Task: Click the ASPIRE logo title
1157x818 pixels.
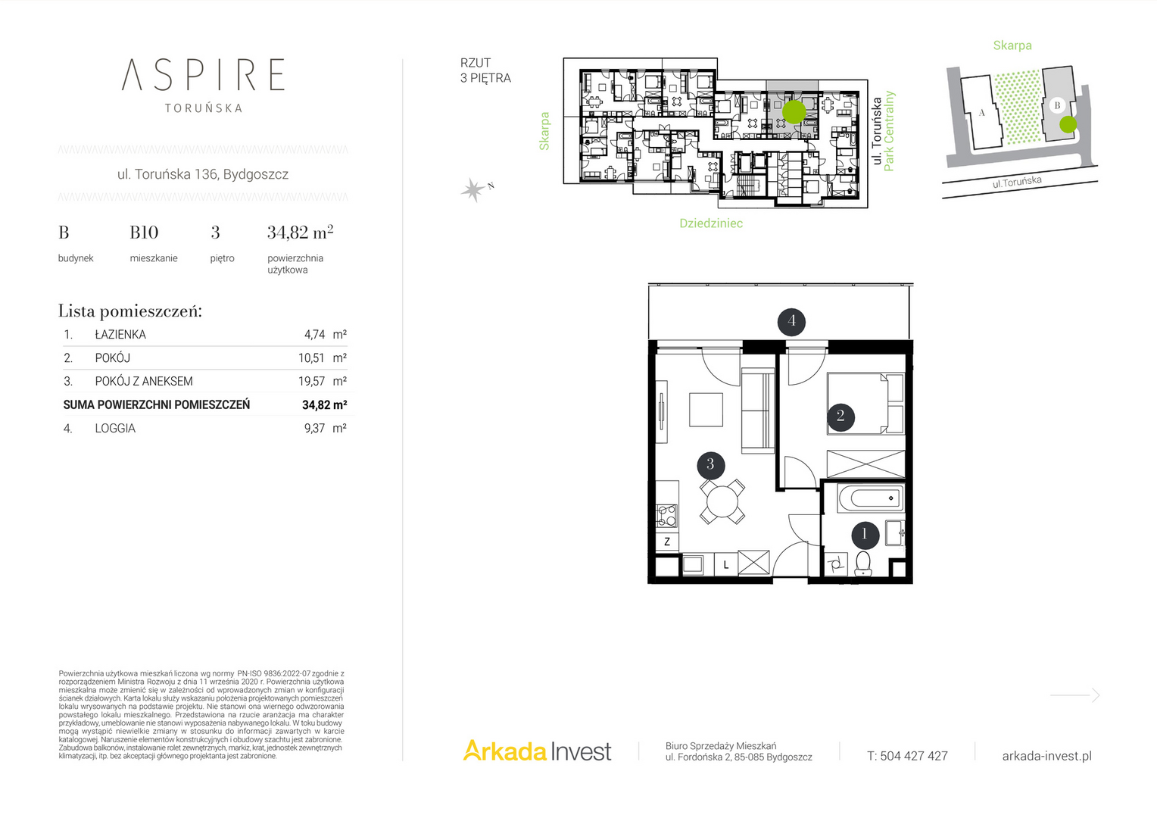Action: (x=203, y=75)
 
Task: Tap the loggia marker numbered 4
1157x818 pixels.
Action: (x=791, y=321)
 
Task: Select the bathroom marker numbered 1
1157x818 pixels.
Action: (x=865, y=535)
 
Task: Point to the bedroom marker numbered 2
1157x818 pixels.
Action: (x=840, y=416)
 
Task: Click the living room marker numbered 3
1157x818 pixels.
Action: (x=711, y=464)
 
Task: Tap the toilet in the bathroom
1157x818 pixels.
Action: (x=863, y=564)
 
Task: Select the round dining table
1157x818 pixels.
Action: (x=722, y=501)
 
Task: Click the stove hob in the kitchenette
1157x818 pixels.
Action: (x=667, y=515)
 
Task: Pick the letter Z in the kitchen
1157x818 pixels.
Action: (x=667, y=542)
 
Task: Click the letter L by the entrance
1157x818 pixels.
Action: (x=725, y=565)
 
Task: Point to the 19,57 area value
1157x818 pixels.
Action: (x=311, y=381)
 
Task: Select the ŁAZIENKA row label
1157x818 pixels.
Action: (x=120, y=334)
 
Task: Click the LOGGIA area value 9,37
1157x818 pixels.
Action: (x=314, y=429)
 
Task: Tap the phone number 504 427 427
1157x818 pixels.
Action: (x=914, y=756)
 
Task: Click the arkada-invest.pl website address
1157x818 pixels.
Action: (x=1047, y=756)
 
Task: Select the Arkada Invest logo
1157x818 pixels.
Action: (x=537, y=751)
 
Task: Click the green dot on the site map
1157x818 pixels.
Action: (x=1068, y=124)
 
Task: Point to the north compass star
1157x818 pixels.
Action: (x=472, y=189)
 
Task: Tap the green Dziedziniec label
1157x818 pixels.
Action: (x=711, y=223)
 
